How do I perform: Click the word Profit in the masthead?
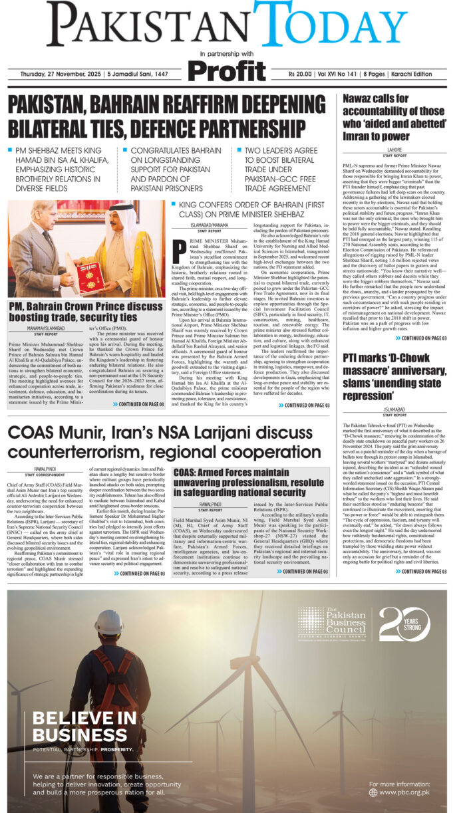[227, 71]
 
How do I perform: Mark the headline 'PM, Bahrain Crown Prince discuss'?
[80, 306]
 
